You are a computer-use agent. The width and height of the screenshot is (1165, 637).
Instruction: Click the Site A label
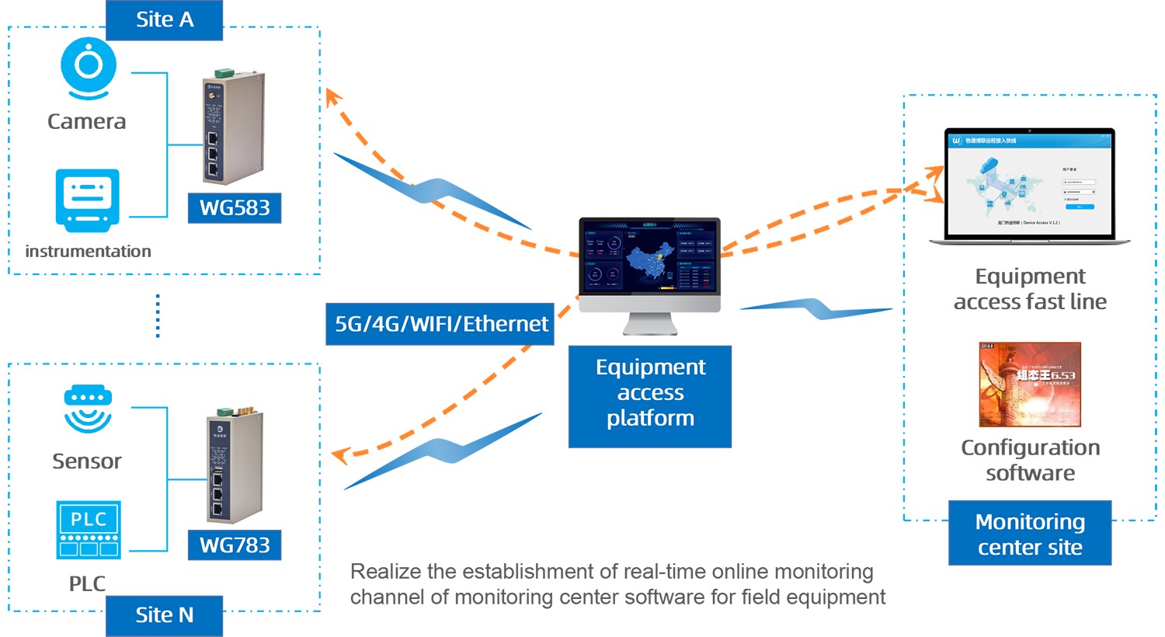click(164, 19)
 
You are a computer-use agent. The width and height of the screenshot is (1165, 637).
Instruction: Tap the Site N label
click(164, 615)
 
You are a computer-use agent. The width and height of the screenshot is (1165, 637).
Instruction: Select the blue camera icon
click(89, 68)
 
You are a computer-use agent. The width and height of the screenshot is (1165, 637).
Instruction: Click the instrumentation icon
click(87, 200)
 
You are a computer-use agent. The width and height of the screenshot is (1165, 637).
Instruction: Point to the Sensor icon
click(88, 409)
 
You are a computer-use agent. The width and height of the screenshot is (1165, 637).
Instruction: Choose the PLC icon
click(89, 529)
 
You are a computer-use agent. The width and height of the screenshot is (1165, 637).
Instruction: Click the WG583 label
click(235, 208)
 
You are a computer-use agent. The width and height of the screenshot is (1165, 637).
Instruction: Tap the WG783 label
click(235, 545)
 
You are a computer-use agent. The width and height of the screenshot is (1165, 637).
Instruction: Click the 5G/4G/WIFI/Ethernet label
click(440, 324)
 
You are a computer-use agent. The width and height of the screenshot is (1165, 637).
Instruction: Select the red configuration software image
click(1030, 385)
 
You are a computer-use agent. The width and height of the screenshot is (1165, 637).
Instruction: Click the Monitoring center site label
click(1030, 534)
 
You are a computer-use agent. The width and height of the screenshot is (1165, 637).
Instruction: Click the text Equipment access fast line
click(1030, 289)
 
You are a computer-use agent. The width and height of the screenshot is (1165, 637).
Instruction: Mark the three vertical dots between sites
click(158, 316)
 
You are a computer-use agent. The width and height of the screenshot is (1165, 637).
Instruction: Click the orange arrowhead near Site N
click(339, 454)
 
